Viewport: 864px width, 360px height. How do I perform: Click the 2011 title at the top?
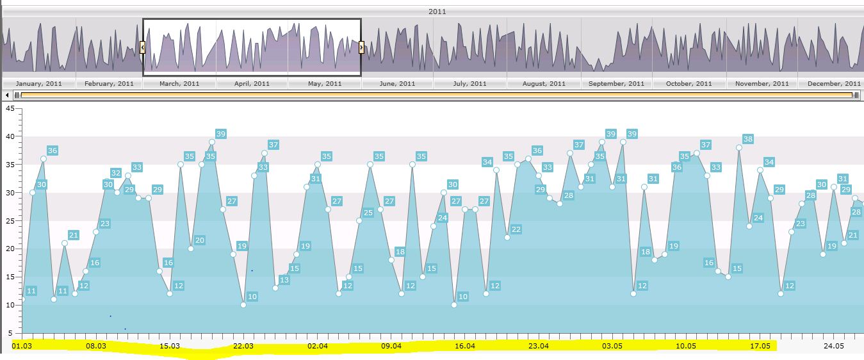(437, 12)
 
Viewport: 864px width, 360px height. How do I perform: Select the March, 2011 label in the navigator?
(179, 83)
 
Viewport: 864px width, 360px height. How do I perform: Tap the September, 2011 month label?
(616, 83)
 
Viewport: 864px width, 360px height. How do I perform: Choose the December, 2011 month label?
(834, 83)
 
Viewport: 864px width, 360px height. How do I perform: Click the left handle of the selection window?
(142, 47)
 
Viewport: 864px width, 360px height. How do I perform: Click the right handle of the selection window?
(362, 47)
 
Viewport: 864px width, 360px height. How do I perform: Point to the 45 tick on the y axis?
(9, 108)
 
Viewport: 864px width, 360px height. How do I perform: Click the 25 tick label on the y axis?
(9, 220)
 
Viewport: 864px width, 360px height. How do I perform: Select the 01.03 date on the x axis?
(22, 346)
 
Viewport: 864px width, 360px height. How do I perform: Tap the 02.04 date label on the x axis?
(318, 346)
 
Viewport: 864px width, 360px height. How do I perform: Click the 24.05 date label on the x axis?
(834, 346)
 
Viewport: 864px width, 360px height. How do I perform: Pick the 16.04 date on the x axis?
(465, 346)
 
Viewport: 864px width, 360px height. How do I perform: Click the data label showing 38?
(747, 139)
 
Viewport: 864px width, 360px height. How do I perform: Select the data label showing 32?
(115, 173)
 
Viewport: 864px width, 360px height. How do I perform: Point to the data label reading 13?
(284, 280)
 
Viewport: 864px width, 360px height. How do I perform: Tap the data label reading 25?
(368, 213)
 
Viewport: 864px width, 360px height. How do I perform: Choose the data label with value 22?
(516, 229)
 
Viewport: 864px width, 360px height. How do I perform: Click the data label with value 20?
(200, 240)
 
